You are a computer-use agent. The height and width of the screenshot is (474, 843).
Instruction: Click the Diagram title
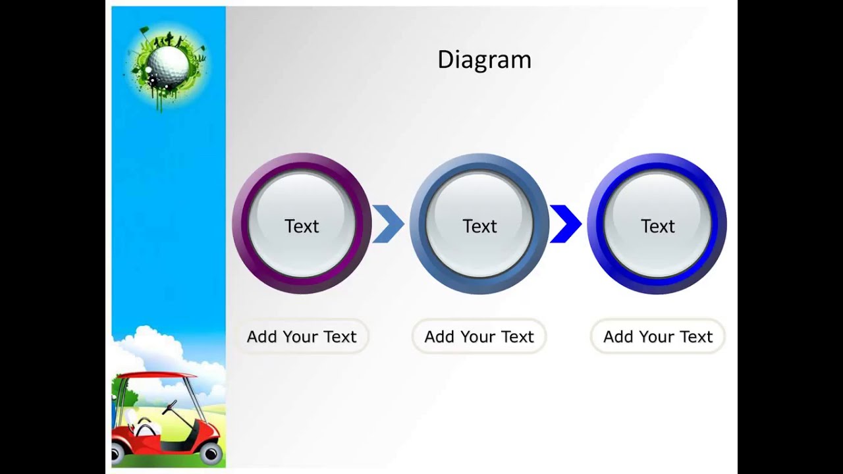coord(484,60)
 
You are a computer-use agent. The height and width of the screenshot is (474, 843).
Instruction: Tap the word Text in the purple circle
coord(302,226)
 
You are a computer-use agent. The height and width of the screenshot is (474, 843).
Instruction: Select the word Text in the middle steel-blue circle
coord(479,226)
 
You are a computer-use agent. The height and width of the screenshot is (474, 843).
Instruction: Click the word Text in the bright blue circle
coord(657,226)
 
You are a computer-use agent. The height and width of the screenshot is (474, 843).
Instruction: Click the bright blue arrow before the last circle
coord(566,224)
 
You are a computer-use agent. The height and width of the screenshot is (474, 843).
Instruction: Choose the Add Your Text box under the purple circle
coord(302,336)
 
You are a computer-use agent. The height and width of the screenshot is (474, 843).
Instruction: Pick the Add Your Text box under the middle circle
coord(479,336)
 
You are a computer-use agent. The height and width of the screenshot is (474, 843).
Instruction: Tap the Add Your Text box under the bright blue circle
coord(657,336)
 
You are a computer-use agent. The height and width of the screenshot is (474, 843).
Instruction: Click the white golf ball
coord(168,64)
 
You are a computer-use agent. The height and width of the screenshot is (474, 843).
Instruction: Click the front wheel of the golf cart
coord(211,453)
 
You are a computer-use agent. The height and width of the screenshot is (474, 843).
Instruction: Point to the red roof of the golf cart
coord(155,377)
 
